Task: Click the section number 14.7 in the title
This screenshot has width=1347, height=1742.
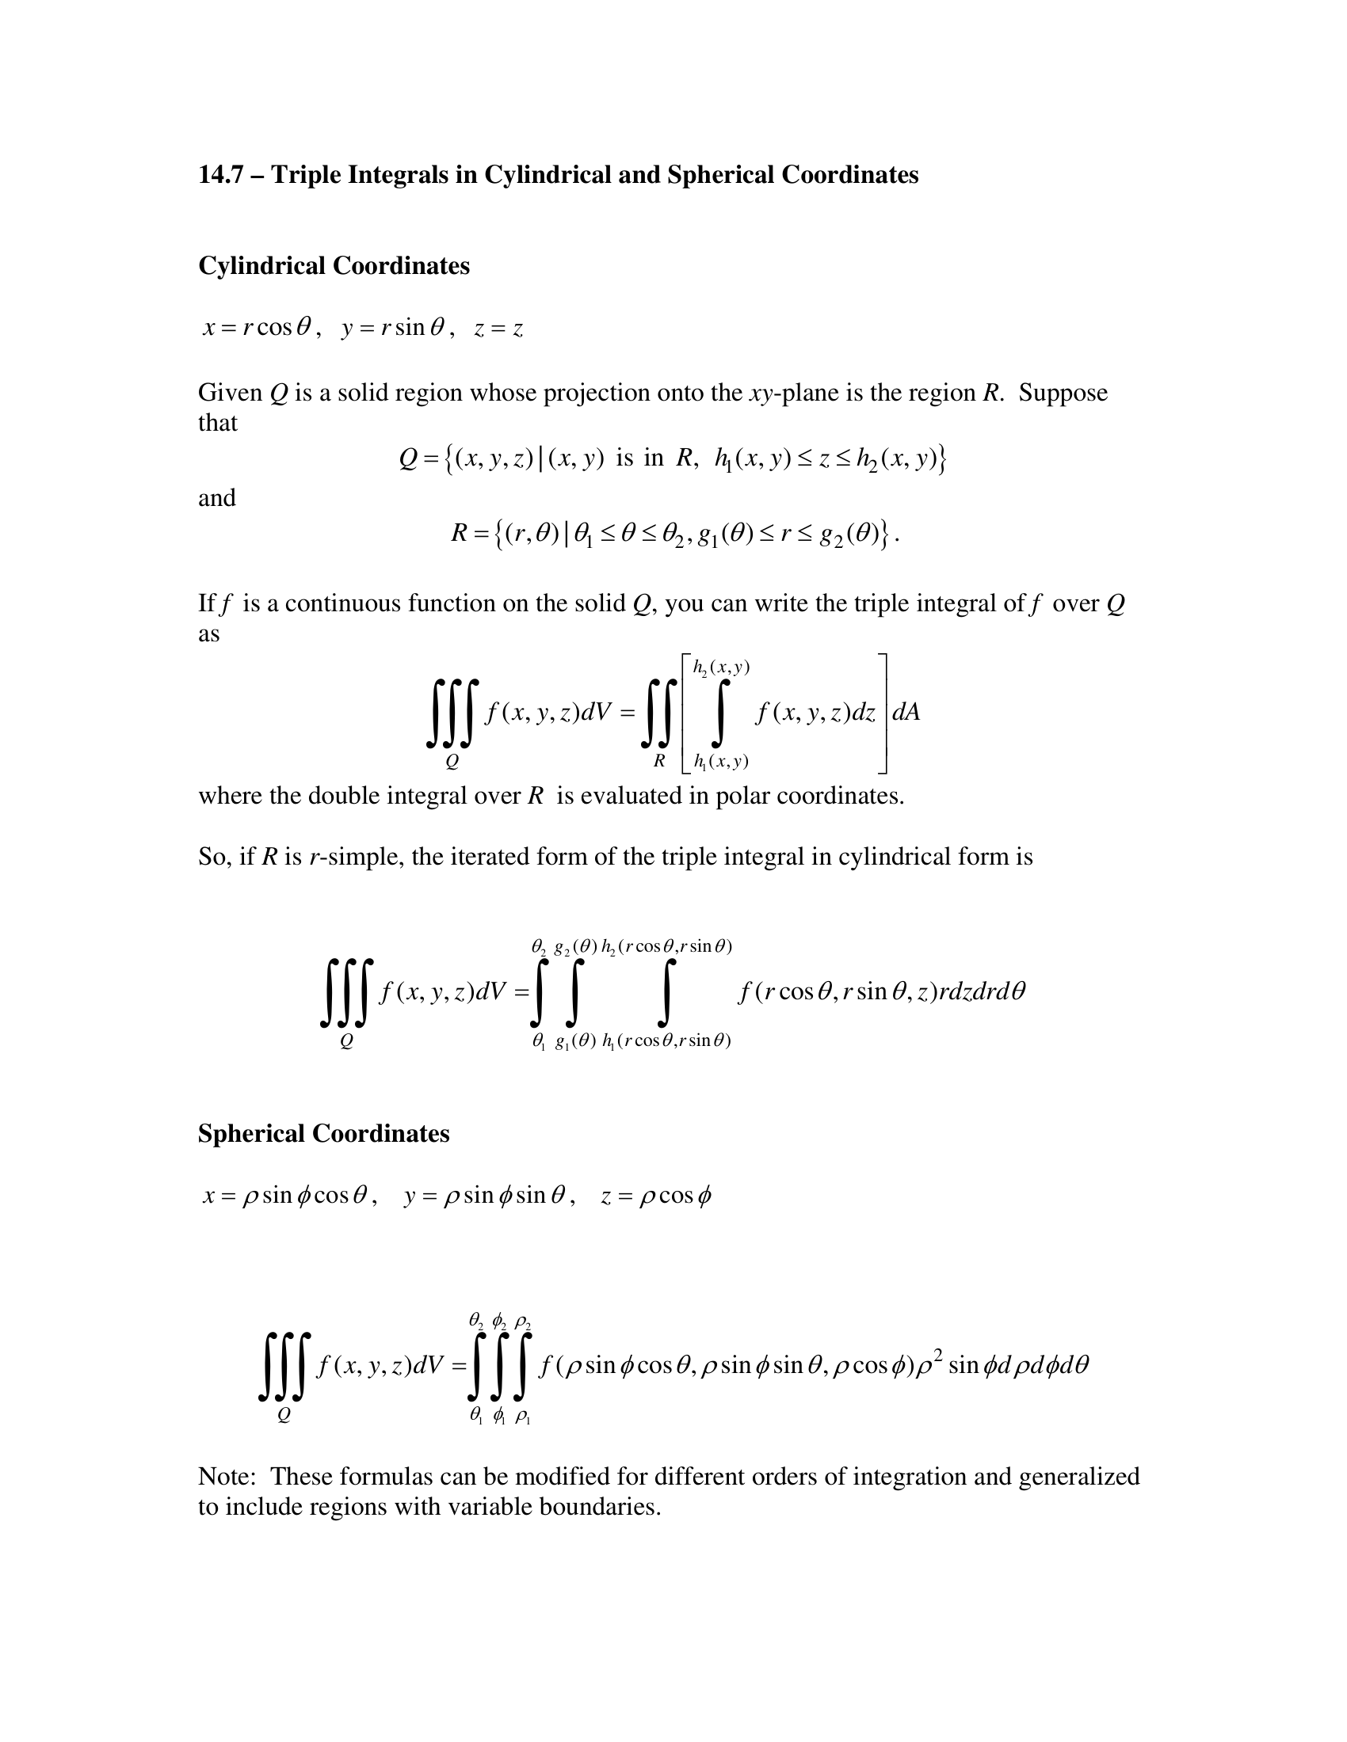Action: (220, 175)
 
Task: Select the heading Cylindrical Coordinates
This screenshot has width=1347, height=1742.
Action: (334, 265)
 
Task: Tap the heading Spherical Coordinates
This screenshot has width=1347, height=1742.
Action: (323, 1133)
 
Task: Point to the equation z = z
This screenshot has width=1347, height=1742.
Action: (498, 329)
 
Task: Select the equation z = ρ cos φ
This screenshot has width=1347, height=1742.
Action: (656, 1196)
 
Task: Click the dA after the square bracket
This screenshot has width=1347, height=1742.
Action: (906, 713)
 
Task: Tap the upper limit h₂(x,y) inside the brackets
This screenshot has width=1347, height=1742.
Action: (721, 668)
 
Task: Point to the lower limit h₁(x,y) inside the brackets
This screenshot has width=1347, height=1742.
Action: (721, 763)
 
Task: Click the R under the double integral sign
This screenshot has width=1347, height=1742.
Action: (659, 761)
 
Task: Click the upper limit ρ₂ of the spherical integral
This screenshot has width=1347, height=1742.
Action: (524, 1322)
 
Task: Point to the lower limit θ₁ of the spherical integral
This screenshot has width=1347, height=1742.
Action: (475, 1417)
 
